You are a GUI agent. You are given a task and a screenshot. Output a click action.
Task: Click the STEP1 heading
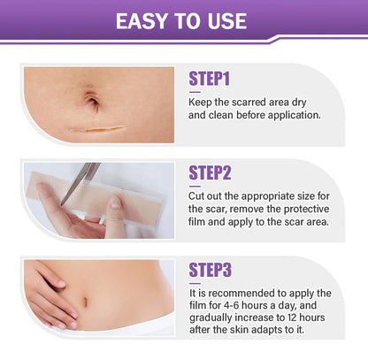(210, 80)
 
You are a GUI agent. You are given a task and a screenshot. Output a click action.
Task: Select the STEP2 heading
(211, 173)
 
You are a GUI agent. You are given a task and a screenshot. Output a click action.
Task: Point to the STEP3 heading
(211, 270)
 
